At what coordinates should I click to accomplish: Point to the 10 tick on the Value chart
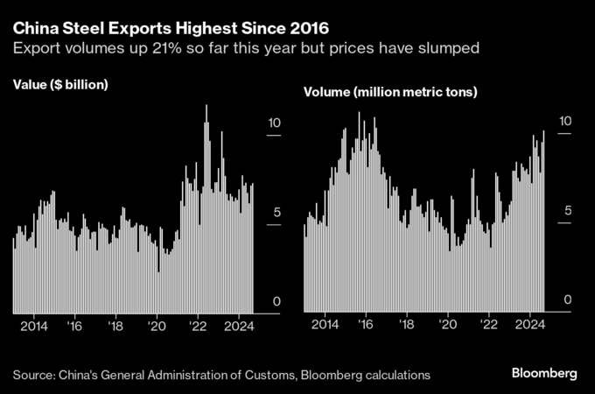(274, 123)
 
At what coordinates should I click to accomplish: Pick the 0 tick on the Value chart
(277, 301)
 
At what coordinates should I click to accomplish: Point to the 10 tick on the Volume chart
(566, 122)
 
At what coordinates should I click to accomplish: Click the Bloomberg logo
(543, 374)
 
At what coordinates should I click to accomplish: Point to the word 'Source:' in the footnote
(33, 375)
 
